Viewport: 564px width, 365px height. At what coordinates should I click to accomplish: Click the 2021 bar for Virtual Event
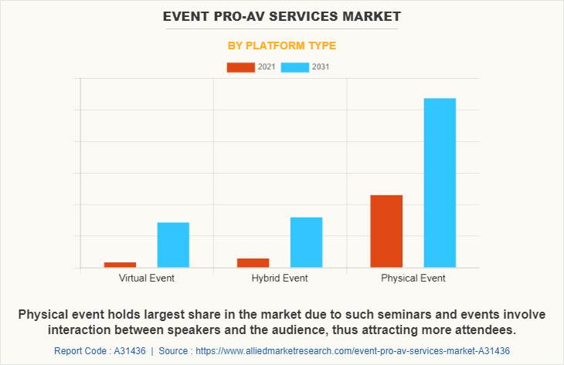click(120, 265)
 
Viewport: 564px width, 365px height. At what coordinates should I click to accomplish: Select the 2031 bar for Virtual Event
click(173, 245)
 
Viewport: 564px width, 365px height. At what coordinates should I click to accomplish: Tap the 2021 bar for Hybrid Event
click(253, 263)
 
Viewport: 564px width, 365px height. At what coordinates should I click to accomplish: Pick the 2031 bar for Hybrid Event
click(306, 242)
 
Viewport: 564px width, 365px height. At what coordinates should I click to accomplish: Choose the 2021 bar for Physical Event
click(386, 231)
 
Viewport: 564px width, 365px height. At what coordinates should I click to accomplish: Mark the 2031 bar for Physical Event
click(440, 183)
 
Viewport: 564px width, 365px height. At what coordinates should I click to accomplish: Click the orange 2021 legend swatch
click(240, 67)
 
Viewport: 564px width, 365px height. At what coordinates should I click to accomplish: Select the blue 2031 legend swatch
click(294, 67)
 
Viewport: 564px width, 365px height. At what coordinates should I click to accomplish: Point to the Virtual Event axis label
click(147, 278)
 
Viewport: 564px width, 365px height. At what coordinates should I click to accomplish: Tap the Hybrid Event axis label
click(280, 278)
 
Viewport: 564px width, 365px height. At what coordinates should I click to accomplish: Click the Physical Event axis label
click(413, 278)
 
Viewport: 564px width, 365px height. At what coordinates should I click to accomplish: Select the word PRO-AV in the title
click(228, 15)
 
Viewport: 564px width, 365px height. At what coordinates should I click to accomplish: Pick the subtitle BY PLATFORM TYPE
click(281, 46)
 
